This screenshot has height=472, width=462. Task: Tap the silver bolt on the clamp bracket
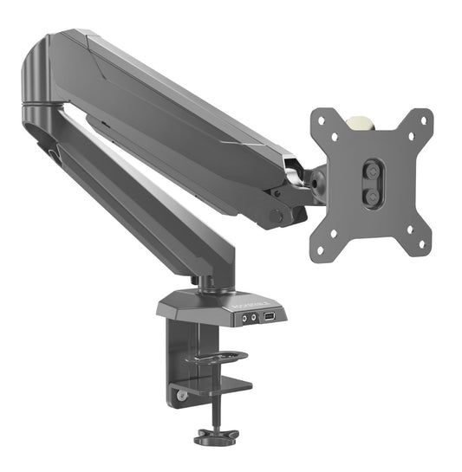pos(181,396)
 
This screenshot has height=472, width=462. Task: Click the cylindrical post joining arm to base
pos(205,282)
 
